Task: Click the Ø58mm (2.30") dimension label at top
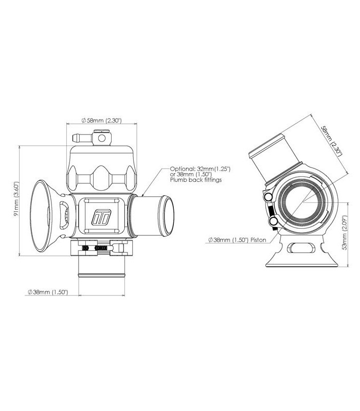[x=101, y=121]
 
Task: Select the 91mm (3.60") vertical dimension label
[x=16, y=199]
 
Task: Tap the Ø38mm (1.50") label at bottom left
[x=48, y=292]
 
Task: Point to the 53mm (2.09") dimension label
[x=345, y=233]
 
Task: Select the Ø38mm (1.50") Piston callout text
[x=237, y=240]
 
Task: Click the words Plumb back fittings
[x=196, y=180]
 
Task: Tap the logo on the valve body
[x=101, y=217]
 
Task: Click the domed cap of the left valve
[x=101, y=169]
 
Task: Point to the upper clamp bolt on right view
[x=268, y=196]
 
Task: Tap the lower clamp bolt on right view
[x=274, y=222]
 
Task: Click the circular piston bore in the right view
[x=303, y=202]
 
